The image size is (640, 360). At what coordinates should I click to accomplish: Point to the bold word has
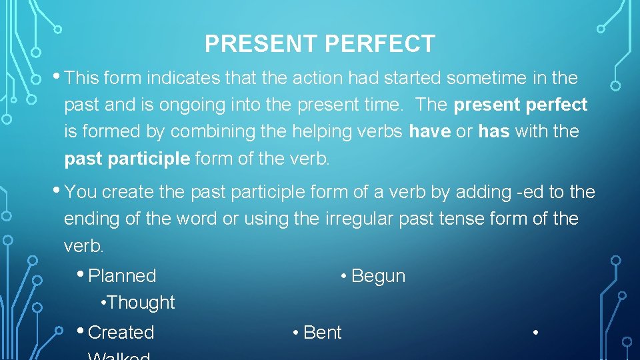tap(493, 132)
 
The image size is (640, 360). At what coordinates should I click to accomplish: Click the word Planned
tap(122, 276)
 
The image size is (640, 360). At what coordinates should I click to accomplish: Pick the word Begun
tap(378, 276)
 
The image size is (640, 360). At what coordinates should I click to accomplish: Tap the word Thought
tap(141, 303)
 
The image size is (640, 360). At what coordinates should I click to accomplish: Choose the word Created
tap(121, 332)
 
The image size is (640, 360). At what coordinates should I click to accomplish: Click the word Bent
tap(322, 332)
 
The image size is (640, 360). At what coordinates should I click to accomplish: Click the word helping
tap(323, 132)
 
